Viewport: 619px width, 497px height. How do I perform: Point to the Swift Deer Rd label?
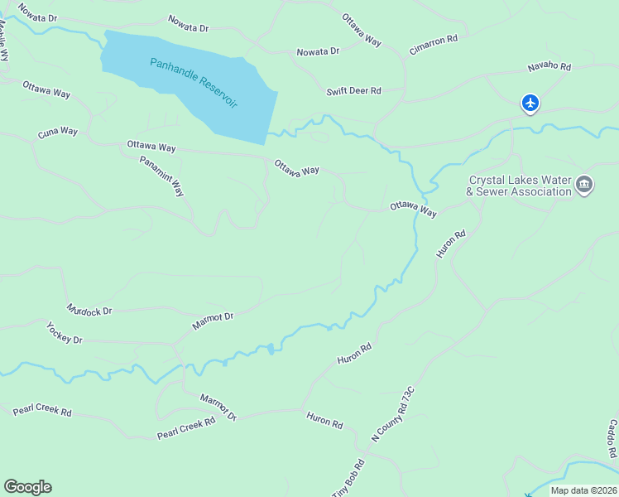point(353,91)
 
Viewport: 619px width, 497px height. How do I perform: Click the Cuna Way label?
point(58,133)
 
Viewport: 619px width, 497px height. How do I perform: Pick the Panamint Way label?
point(161,176)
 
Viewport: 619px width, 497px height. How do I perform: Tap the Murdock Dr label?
point(90,311)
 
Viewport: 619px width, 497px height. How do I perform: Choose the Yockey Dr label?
point(65,334)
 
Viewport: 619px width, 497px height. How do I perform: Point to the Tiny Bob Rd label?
point(348,479)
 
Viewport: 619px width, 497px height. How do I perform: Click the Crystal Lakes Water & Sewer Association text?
point(520,186)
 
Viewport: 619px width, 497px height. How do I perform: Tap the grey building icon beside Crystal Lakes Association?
point(584,185)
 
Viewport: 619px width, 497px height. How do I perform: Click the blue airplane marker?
point(530,104)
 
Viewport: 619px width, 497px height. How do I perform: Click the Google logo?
point(27,487)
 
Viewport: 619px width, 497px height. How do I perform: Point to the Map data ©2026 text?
point(584,490)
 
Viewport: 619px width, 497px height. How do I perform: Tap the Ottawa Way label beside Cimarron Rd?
point(362,29)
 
